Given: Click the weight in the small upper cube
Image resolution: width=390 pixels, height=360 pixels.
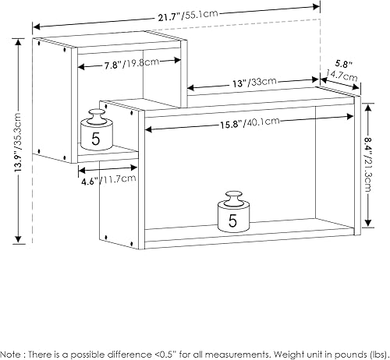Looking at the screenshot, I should [x=96, y=134].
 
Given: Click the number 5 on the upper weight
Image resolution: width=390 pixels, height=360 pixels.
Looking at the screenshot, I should [x=96, y=141].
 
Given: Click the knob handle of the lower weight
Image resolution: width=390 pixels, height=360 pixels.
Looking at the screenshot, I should [x=232, y=196].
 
